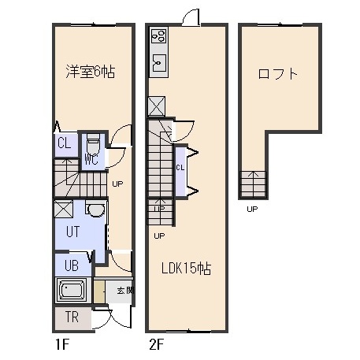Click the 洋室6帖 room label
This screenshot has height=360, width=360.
pyautogui.click(x=91, y=72)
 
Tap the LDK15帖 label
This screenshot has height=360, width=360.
pyautogui.click(x=186, y=269)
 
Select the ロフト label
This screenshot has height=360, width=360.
pyautogui.click(x=277, y=74)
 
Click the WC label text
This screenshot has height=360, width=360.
pyautogui.click(x=91, y=158)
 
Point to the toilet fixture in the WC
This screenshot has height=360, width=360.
pyautogui.click(x=93, y=143)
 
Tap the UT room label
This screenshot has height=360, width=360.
pyautogui.click(x=72, y=232)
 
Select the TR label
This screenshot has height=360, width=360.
pyautogui.click(x=72, y=317)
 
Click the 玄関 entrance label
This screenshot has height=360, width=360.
pyautogui.click(x=125, y=291)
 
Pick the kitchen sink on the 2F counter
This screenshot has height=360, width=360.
pyautogui.click(x=159, y=63)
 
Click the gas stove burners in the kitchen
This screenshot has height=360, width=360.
pyautogui.click(x=159, y=36)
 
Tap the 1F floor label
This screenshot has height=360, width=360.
pyautogui.click(x=62, y=344)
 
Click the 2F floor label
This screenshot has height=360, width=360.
pyautogui.click(x=157, y=344)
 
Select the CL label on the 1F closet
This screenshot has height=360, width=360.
pyautogui.click(x=65, y=143)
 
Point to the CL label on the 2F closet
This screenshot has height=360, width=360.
pyautogui.click(x=180, y=167)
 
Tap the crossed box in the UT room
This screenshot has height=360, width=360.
pyautogui.click(x=63, y=209)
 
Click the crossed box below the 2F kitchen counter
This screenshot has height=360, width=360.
pyautogui.click(x=157, y=106)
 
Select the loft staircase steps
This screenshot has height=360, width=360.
pyautogui.click(x=254, y=184)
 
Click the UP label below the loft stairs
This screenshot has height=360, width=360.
pyautogui.click(x=252, y=209)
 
